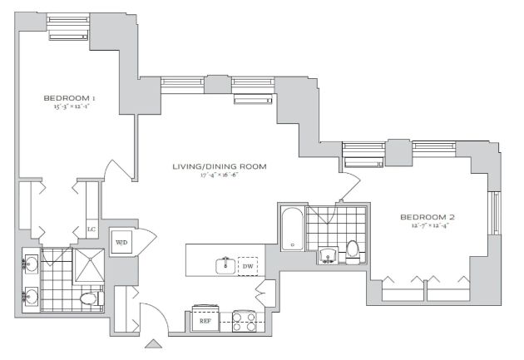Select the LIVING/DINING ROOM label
point(220,166)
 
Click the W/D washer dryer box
point(121,242)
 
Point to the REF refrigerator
point(205,320)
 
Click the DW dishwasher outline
point(248,266)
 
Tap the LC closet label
point(91,229)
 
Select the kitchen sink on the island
point(226,266)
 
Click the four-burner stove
point(244,321)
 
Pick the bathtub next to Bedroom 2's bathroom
point(293,229)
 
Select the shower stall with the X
point(89,265)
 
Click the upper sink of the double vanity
point(31,264)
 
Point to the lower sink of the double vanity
point(31,296)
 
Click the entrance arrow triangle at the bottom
point(153,344)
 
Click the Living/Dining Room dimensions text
point(220,175)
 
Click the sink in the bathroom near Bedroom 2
point(328,255)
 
